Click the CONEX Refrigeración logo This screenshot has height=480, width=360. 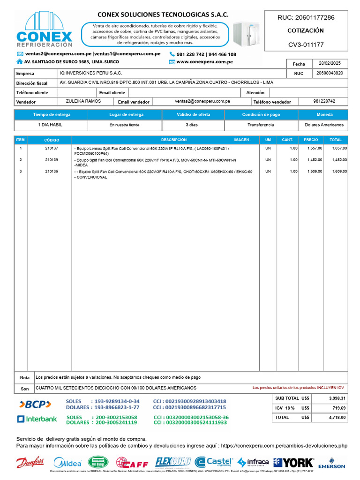(45, 30)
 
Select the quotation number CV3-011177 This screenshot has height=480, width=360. (306, 45)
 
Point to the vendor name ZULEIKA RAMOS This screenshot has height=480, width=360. (83, 101)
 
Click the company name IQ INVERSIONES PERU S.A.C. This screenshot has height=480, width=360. (91, 73)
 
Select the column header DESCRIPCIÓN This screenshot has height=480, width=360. (174, 140)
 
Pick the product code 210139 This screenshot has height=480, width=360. (52, 160)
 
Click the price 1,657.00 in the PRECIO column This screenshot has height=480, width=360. (315, 148)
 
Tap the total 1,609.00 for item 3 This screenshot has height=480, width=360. (339, 172)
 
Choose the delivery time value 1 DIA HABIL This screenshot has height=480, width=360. (50, 125)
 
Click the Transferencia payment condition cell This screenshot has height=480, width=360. (261, 125)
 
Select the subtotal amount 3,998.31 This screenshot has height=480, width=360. (336, 398)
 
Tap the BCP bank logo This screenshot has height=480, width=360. (35, 404)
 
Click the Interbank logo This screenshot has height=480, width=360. (37, 419)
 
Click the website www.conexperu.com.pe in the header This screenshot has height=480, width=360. (204, 62)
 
